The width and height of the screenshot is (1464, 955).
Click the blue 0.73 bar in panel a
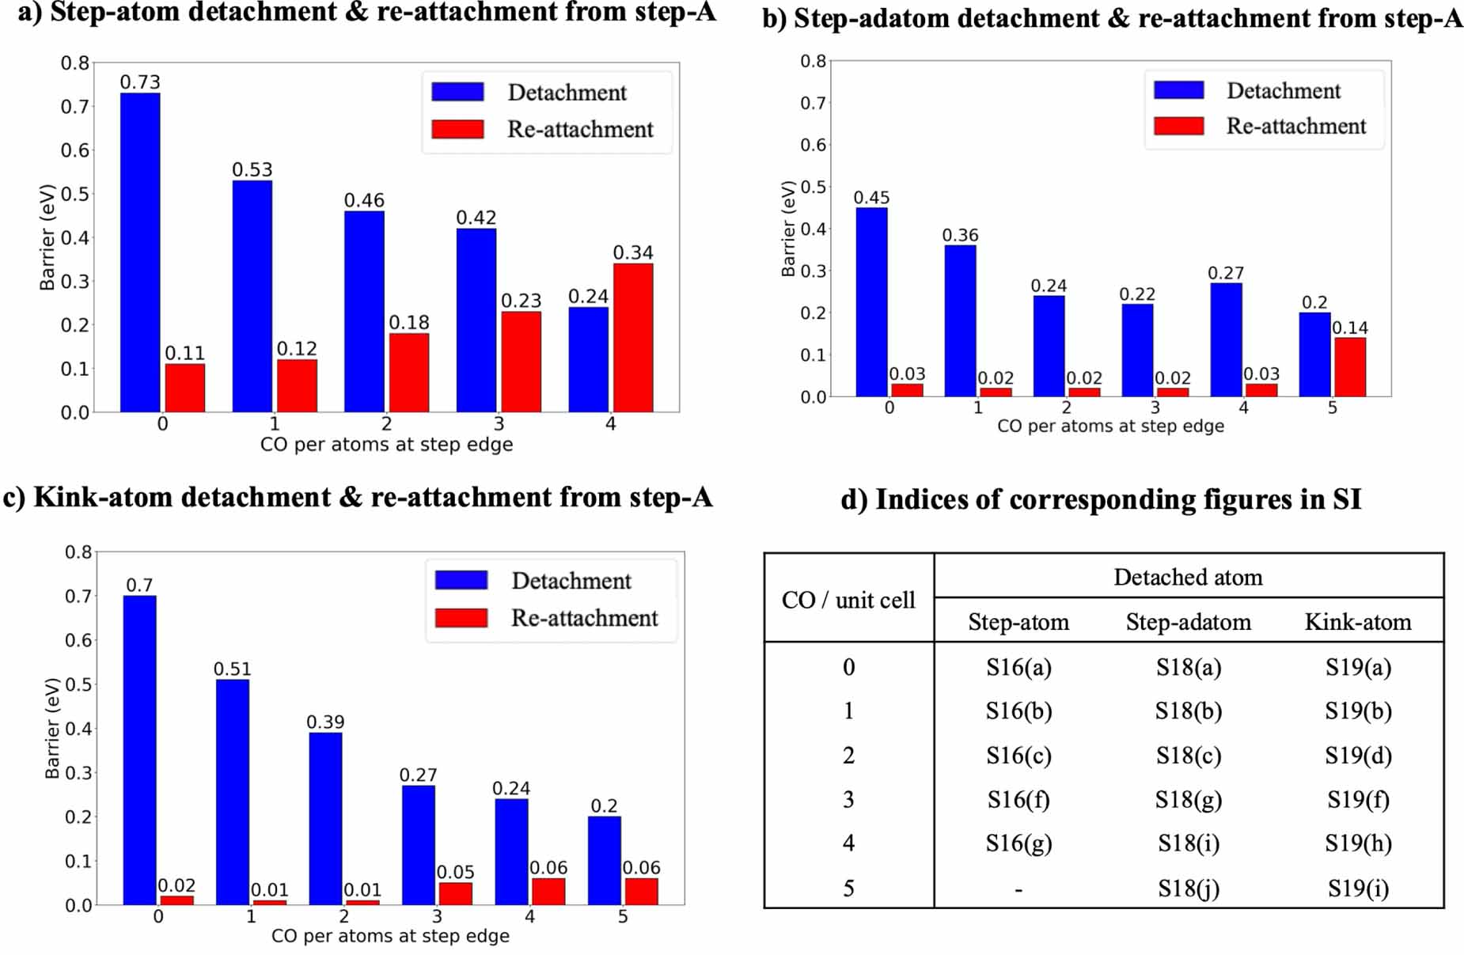pyautogui.click(x=140, y=252)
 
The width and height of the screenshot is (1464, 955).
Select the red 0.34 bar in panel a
pyautogui.click(x=633, y=338)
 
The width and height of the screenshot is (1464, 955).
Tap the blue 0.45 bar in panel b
pyautogui.click(x=871, y=302)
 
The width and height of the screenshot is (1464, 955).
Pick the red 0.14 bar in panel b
pyautogui.click(x=1350, y=367)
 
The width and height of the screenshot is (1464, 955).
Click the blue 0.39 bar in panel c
pyautogui.click(x=325, y=818)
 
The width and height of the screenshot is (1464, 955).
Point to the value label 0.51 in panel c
pyautogui.click(x=232, y=669)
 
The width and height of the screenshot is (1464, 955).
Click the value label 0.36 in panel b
pyautogui.click(x=960, y=235)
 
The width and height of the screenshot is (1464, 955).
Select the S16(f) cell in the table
pyautogui.click(x=1018, y=800)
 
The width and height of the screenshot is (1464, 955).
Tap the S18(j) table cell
pyautogui.click(x=1188, y=889)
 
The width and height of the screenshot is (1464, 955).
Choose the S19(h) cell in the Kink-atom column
pyautogui.click(x=1358, y=843)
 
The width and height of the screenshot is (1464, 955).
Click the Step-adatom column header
pyautogui.click(x=1189, y=622)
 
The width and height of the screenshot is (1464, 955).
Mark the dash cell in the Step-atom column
pyautogui.click(x=1018, y=889)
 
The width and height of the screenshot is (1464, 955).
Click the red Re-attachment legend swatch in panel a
pyautogui.click(x=457, y=129)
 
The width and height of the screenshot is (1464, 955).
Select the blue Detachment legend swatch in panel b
pyautogui.click(x=1178, y=89)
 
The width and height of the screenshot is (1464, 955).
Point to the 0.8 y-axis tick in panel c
pyautogui.click(x=78, y=552)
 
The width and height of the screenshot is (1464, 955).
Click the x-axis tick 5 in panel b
pyautogui.click(x=1333, y=407)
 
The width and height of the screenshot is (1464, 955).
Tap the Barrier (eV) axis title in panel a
pyautogui.click(x=47, y=237)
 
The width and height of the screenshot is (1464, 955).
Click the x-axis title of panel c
pyautogui.click(x=390, y=936)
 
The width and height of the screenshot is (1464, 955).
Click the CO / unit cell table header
pyautogui.click(x=848, y=600)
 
